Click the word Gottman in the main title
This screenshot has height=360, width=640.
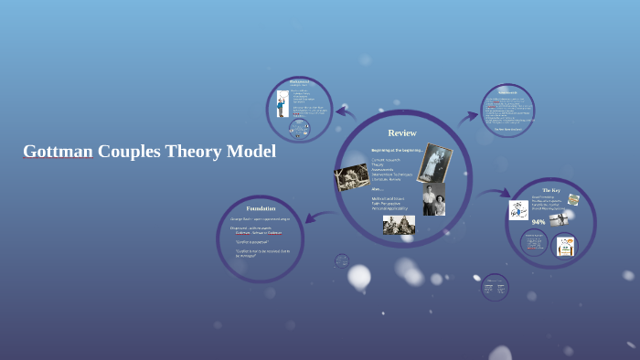pos(58,152)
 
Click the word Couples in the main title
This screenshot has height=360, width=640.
pos(129,152)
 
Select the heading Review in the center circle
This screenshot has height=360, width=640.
pos(402,132)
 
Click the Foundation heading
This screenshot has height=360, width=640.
pos(261,209)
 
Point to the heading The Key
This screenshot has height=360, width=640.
pos(550,190)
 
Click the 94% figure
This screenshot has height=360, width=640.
pos(539,222)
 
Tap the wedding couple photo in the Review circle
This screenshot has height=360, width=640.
pos(434,163)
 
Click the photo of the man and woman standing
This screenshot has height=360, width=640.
pos(433,200)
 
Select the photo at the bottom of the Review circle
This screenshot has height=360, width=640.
pos(399,225)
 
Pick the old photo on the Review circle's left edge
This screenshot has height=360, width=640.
pos(352,176)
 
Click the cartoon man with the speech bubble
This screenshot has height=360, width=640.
pos(283,103)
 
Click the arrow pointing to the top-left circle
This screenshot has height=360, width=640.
pos(346,112)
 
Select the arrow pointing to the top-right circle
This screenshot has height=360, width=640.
pos(468,117)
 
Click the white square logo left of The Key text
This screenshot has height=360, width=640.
pos(518,210)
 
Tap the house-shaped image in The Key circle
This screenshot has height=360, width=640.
pos(564,245)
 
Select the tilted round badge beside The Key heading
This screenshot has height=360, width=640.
pos(573,200)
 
